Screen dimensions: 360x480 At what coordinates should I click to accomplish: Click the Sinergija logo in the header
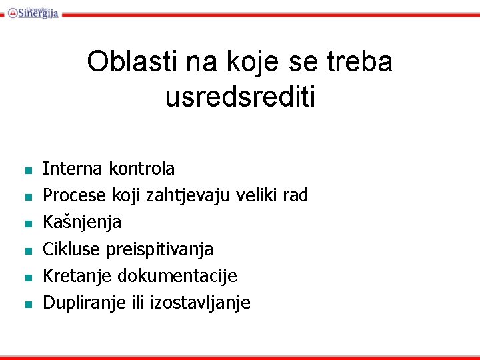coord(33,11)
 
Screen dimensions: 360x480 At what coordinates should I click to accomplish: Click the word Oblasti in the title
coord(126,62)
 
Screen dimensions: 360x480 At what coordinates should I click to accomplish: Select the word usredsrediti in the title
coord(240,97)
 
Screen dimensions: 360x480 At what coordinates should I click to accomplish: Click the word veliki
coord(250,195)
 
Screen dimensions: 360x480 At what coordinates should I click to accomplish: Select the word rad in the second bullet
coord(295,195)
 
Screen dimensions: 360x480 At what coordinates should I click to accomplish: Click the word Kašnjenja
coord(82,223)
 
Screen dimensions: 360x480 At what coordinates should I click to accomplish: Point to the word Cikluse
coord(66,249)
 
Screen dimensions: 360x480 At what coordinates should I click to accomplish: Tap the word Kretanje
coord(72,276)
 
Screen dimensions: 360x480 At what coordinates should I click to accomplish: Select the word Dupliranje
coord(79,303)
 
